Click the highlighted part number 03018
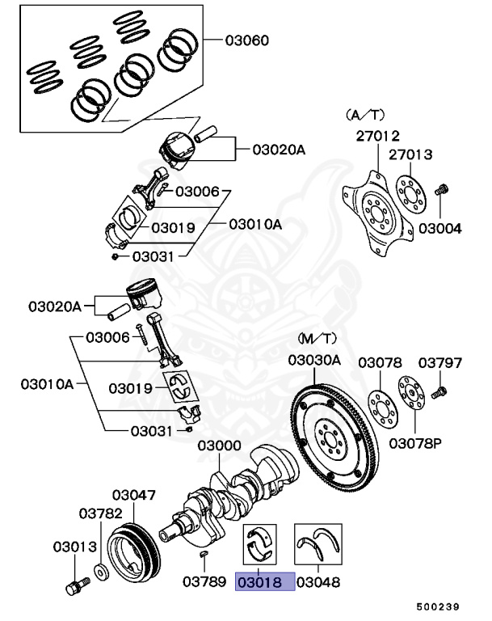(264, 581)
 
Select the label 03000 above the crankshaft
(219, 446)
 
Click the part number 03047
(134, 494)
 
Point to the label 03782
(100, 513)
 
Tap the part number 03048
(317, 581)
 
